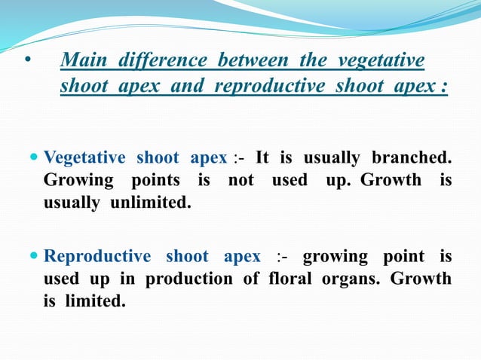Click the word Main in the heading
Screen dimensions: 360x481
(x=81, y=60)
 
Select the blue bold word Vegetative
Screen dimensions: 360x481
(x=84, y=158)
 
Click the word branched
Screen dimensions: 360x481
(x=411, y=158)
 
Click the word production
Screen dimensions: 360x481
(x=178, y=279)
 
